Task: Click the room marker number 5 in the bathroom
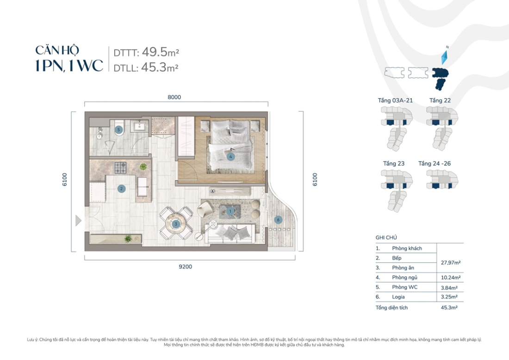(119, 130)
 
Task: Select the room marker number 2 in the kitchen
(121, 188)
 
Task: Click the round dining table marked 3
(176, 224)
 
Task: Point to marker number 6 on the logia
(278, 220)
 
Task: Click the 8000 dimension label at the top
(174, 97)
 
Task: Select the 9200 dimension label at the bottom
(185, 267)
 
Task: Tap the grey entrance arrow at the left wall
(78, 221)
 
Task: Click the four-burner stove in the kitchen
(120, 166)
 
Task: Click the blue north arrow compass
(444, 57)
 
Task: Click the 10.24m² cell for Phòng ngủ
(450, 278)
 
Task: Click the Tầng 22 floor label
(440, 100)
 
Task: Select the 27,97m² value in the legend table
(450, 262)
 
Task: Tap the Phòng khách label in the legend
(407, 248)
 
